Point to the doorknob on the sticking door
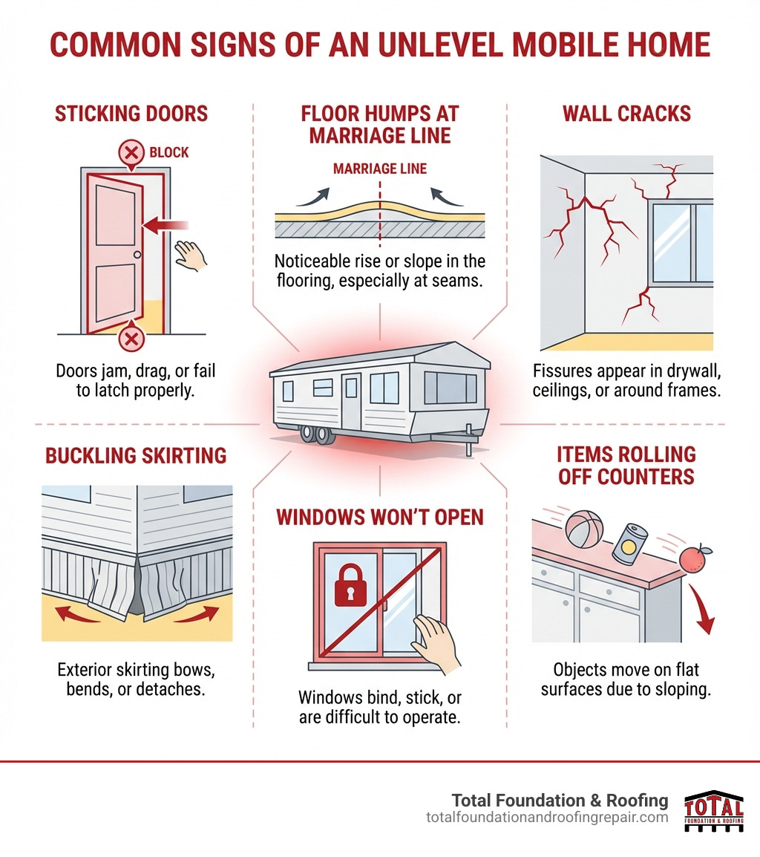point(137,255)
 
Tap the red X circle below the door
point(131,339)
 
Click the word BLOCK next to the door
point(169,153)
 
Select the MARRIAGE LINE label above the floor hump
point(380,169)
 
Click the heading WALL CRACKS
point(626,114)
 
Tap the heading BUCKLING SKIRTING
point(136,455)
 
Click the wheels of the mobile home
point(315,434)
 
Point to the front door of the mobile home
point(351,401)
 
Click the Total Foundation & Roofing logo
point(712,811)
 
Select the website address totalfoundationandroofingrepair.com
point(547,817)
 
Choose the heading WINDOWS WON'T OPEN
point(380,516)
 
